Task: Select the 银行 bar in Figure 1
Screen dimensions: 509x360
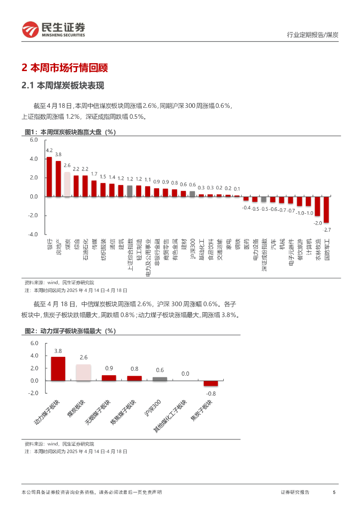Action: pos(49,177)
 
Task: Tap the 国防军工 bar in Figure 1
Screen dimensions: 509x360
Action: pos(326,209)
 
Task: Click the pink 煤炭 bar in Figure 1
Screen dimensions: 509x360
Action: pos(67,184)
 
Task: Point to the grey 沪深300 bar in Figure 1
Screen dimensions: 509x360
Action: pos(192,194)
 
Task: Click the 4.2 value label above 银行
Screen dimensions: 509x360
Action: pos(49,150)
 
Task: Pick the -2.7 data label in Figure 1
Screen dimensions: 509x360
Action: pos(327,230)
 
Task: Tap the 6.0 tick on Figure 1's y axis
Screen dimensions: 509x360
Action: pos(34,140)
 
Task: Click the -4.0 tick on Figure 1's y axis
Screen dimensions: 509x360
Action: pos(33,234)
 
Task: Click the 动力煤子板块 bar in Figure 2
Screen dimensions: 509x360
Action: pos(58,368)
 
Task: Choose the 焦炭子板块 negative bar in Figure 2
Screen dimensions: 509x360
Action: pos(211,383)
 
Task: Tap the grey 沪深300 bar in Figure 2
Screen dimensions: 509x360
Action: pos(160,379)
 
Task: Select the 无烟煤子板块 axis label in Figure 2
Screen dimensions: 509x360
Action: pos(97,412)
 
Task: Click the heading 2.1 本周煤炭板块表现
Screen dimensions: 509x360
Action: pos(63,85)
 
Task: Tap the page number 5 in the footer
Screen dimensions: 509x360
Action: pos(334,492)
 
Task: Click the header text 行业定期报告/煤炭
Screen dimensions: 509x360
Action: pos(313,35)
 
